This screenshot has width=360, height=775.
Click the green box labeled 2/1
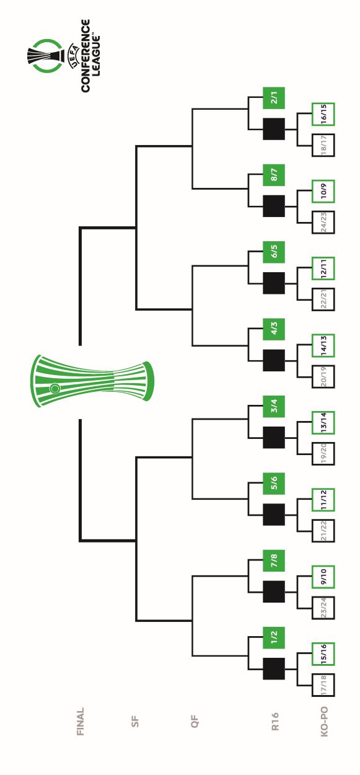(x=273, y=98)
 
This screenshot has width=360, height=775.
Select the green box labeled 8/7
(x=273, y=175)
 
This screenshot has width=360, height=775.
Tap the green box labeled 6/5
(x=273, y=252)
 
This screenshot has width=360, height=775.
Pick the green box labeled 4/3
(x=273, y=329)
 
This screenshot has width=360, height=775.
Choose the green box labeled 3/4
(x=273, y=406)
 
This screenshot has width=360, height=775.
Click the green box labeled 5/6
(x=273, y=484)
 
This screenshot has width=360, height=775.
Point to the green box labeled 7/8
(x=273, y=560)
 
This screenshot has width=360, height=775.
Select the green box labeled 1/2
(x=273, y=637)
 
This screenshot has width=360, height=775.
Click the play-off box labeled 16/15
(x=323, y=114)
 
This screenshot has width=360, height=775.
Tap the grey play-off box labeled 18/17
(x=323, y=145)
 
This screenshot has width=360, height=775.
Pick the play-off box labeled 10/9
(x=323, y=192)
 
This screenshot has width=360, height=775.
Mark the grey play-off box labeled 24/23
(x=323, y=222)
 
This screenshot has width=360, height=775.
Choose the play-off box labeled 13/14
(x=323, y=422)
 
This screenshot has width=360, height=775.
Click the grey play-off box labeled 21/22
(x=323, y=531)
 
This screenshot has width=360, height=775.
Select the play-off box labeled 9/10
(x=323, y=577)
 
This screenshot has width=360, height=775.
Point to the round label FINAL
(x=80, y=722)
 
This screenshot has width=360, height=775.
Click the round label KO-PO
(x=324, y=722)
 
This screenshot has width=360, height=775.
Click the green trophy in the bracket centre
(x=92, y=381)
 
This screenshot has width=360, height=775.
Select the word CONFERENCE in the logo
(x=86, y=56)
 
